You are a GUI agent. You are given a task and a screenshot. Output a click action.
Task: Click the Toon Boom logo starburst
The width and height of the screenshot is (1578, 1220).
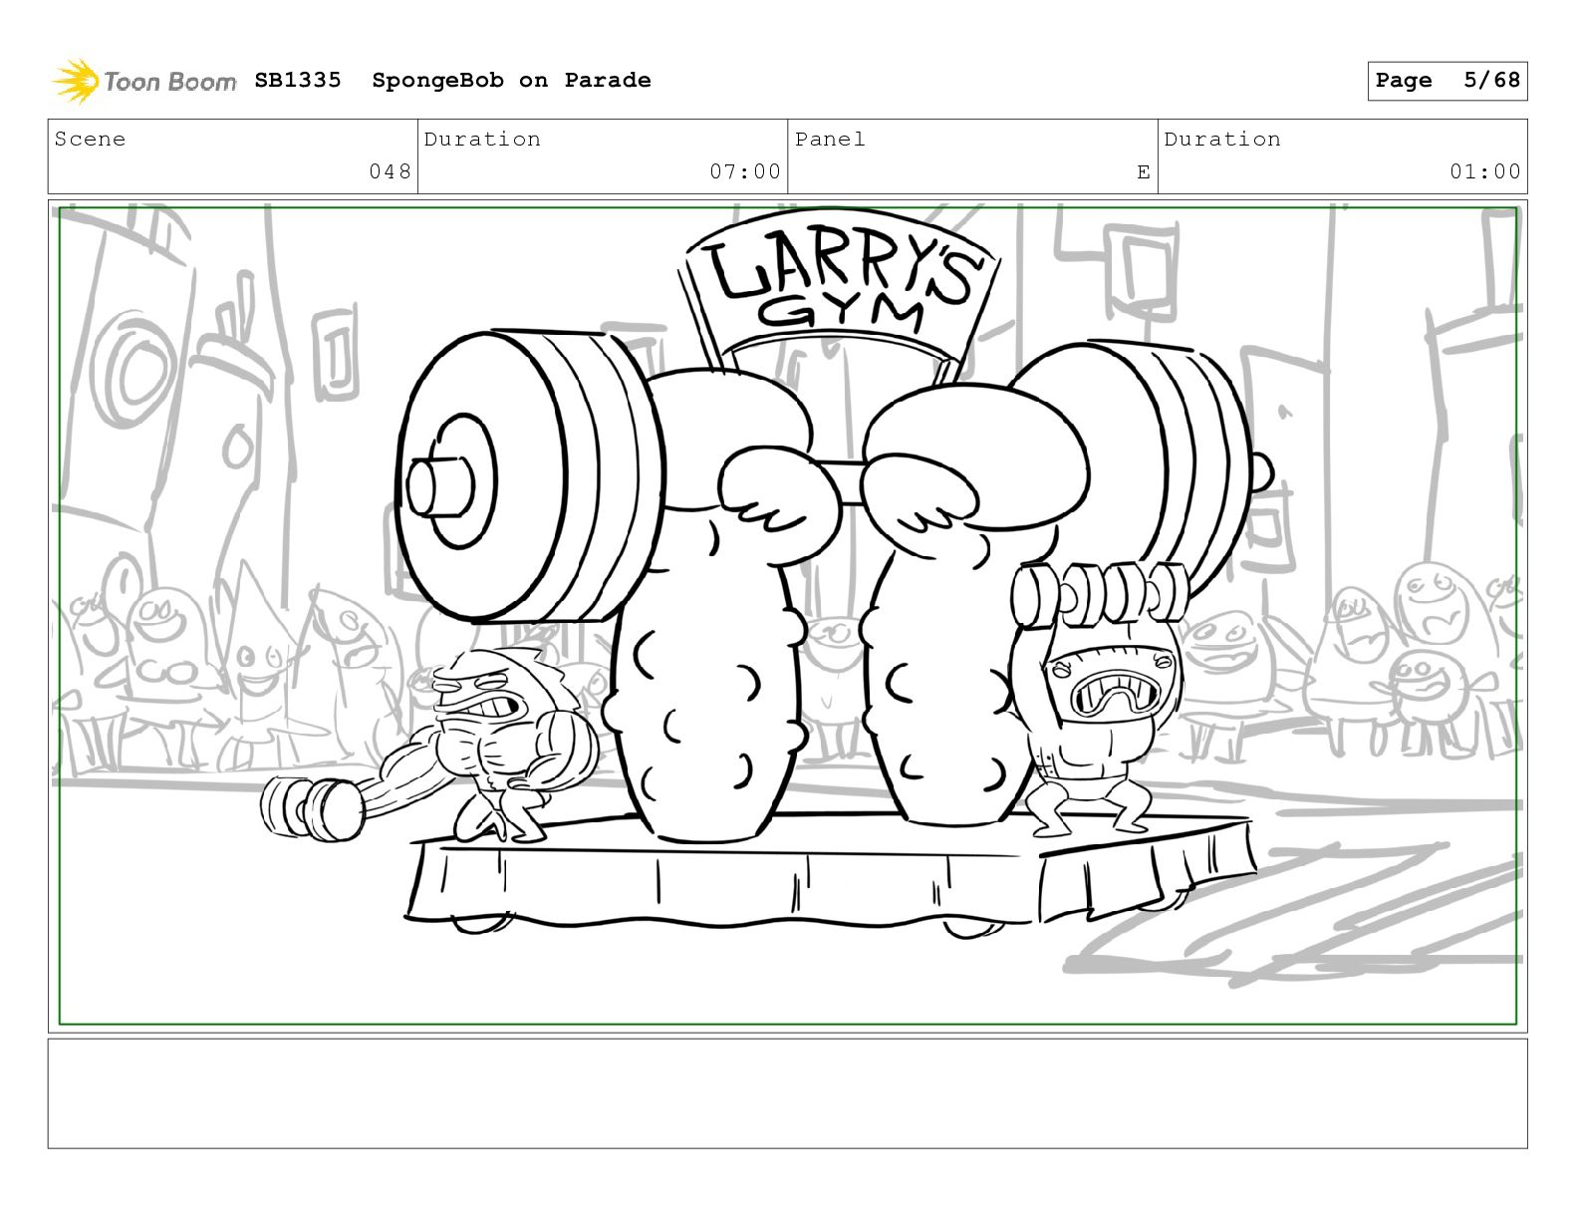coord(76,81)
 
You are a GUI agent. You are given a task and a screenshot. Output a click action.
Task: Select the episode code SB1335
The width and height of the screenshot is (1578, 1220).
coord(298,80)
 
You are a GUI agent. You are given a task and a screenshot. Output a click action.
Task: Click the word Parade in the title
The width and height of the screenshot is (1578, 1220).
coord(607,80)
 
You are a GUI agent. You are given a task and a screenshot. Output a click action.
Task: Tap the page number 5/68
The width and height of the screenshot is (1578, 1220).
coord(1491,80)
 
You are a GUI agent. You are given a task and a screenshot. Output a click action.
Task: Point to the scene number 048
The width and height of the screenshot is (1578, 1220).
coord(390,171)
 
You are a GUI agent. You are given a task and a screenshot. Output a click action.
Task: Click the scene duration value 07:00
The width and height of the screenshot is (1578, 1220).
coord(745,171)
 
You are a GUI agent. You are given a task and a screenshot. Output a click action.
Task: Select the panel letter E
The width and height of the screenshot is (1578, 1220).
coord(1143,172)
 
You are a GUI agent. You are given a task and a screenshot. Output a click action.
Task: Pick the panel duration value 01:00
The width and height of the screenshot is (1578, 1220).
coord(1485,171)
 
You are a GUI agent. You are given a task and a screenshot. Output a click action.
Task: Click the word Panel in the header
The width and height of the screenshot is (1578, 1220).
coord(830,139)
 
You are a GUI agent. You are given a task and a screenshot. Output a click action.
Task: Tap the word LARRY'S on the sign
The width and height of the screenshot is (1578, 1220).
coord(843,269)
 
